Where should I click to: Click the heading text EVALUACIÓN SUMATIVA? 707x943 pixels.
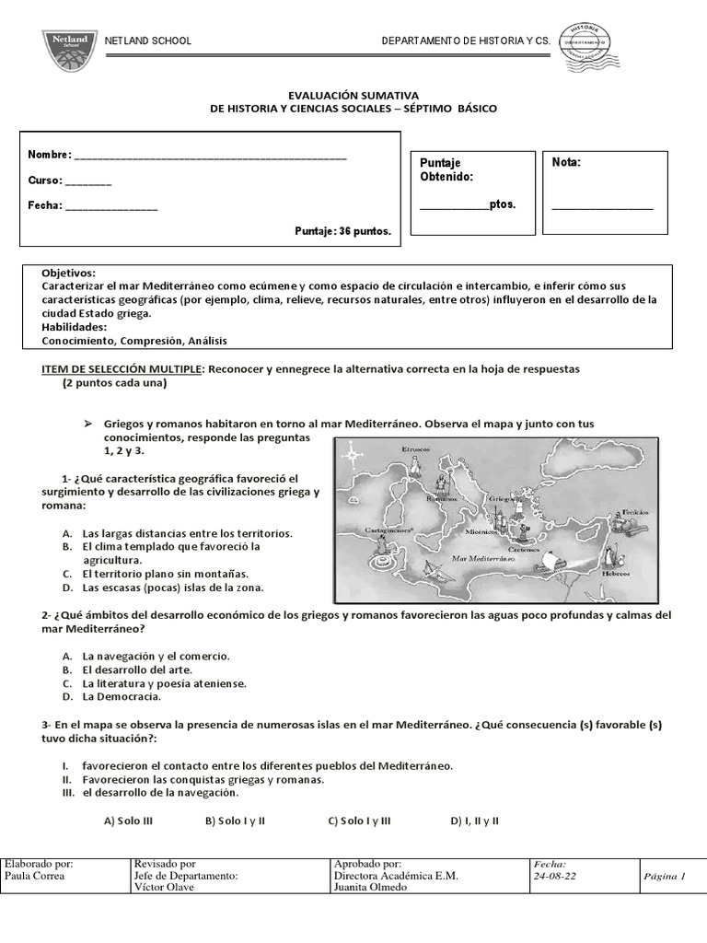pyautogui.click(x=353, y=95)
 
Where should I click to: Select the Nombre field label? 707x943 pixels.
pyautogui.click(x=49, y=155)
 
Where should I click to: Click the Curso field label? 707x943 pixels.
pyautogui.click(x=44, y=180)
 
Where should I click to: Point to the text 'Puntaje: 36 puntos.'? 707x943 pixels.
pyautogui.click(x=342, y=231)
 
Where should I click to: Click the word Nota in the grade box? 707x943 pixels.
pyautogui.click(x=566, y=163)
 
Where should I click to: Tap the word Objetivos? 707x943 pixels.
pyautogui.click(x=68, y=274)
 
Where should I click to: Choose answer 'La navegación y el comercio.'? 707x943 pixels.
pyautogui.click(x=156, y=656)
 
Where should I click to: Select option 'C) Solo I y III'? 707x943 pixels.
pyautogui.click(x=359, y=821)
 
